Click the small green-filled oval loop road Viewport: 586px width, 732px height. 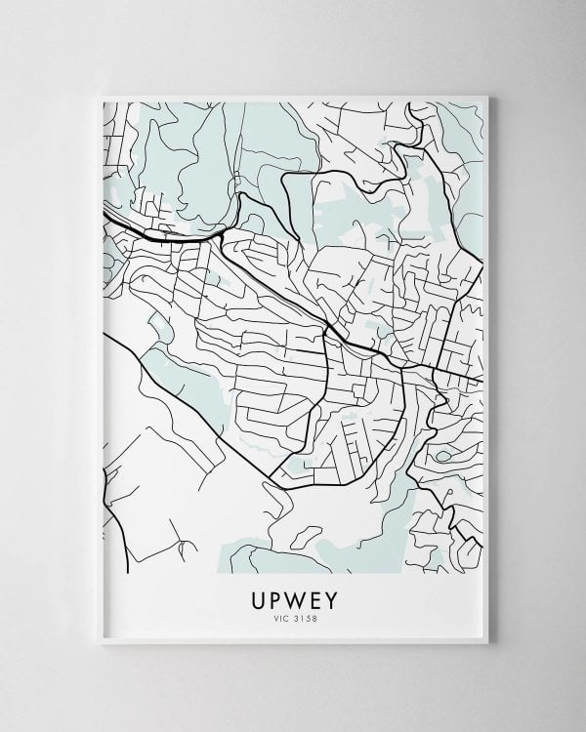click(x=444, y=456)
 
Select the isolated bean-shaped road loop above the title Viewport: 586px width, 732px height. click(x=307, y=533)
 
